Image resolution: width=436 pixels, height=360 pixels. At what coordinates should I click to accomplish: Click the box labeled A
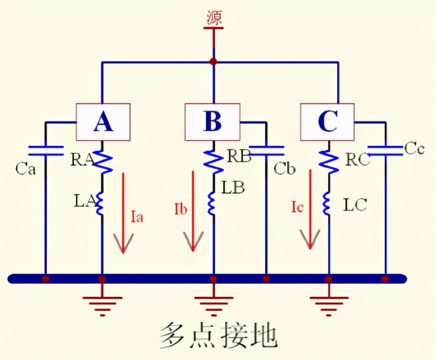[x=103, y=122]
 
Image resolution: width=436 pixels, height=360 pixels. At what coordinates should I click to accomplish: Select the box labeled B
[x=213, y=122]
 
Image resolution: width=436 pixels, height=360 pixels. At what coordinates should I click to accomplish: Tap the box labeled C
[x=327, y=122]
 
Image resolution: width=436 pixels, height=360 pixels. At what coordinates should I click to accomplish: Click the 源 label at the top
[x=213, y=17]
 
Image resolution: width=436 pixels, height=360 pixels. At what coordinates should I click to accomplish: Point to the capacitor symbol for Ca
[x=45, y=150]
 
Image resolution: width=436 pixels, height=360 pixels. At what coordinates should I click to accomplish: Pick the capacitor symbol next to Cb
[x=266, y=150]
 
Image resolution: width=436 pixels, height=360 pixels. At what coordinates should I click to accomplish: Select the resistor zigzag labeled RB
[x=213, y=160]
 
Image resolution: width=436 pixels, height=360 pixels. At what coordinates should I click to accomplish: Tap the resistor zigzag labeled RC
[x=328, y=160]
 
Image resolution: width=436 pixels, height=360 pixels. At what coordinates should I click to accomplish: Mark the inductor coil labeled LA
[x=101, y=203]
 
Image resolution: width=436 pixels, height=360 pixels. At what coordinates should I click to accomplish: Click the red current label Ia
[x=136, y=216]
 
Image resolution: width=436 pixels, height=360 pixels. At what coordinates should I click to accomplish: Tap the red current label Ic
[x=296, y=207]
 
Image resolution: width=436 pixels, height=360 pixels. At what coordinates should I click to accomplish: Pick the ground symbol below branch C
[x=328, y=304]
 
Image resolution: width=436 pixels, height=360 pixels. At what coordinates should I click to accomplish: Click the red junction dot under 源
[x=213, y=61]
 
